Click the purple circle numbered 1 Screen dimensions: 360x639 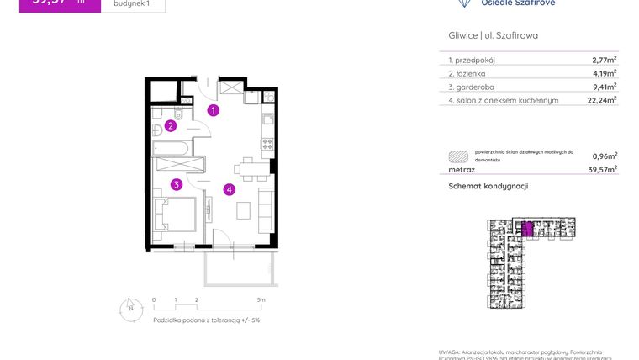click(214, 110)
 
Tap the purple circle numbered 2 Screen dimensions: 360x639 click(170, 126)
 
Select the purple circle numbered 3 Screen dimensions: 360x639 click(177, 184)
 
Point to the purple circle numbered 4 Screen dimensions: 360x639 click(229, 189)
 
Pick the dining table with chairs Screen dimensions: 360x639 click(248, 168)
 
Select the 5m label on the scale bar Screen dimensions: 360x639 click(261, 299)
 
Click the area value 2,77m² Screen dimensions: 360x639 click(603, 60)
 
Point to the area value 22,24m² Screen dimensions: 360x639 click(601, 99)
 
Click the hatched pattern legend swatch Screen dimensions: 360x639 click(458, 156)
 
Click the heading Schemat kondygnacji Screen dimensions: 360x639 click(488, 186)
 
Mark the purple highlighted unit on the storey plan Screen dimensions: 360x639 click(527, 228)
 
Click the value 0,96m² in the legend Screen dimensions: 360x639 click(604, 156)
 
